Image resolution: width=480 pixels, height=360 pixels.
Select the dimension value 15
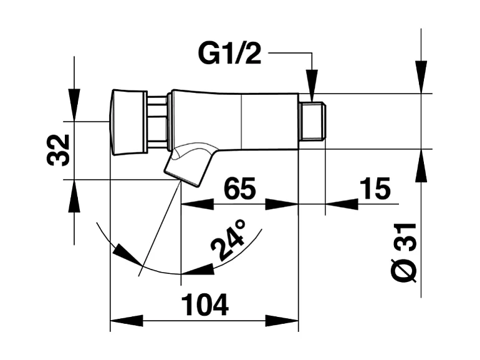pyautogui.click(x=375, y=188)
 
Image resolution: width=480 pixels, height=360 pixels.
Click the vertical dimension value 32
pyautogui.click(x=59, y=150)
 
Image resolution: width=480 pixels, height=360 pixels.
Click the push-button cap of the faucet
pyautogui.click(x=127, y=122)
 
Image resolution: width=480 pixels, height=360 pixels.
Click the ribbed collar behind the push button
pyautogui.click(x=158, y=122)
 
